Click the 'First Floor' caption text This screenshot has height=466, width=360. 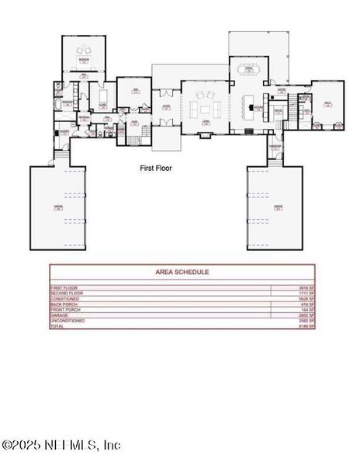coord(156,167)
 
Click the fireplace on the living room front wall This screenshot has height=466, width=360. coord(206,134)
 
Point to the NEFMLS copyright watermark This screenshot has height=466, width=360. coord(61,445)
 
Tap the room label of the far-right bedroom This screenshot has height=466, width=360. coord(327,103)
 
